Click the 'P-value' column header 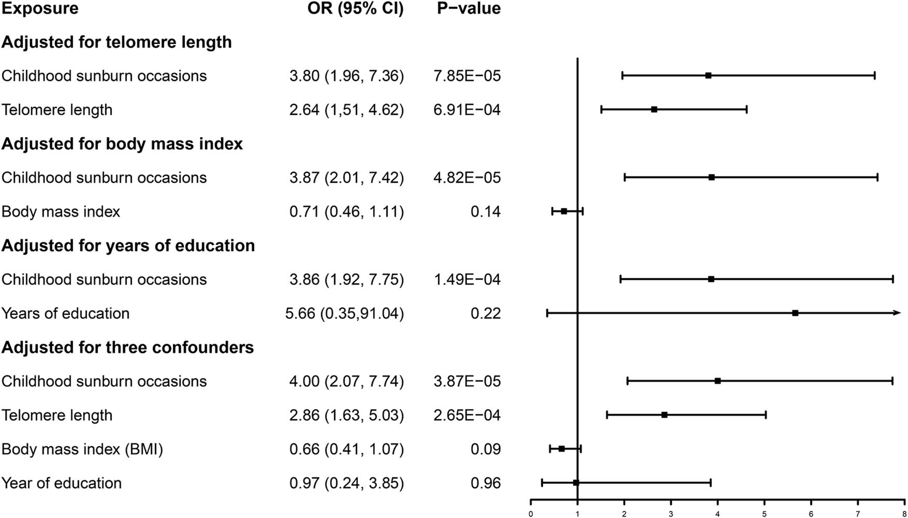(x=469, y=8)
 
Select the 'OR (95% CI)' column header (x=355, y=8)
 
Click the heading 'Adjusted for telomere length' (x=116, y=42)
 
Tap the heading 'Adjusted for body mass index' (x=122, y=144)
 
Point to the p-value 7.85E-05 (x=467, y=76)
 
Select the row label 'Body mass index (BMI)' (x=82, y=449)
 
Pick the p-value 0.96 (x=486, y=483)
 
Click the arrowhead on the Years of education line (x=897, y=313)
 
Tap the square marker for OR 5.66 (x=795, y=313)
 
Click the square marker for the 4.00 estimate (x=718, y=381)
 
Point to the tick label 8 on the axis (x=904, y=514)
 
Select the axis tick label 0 (x=530, y=514)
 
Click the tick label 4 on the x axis (x=718, y=514)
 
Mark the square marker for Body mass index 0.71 (x=564, y=211)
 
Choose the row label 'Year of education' (x=61, y=483)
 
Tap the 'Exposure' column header (x=40, y=8)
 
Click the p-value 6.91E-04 (x=467, y=110)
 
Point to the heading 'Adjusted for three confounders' (x=128, y=347)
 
